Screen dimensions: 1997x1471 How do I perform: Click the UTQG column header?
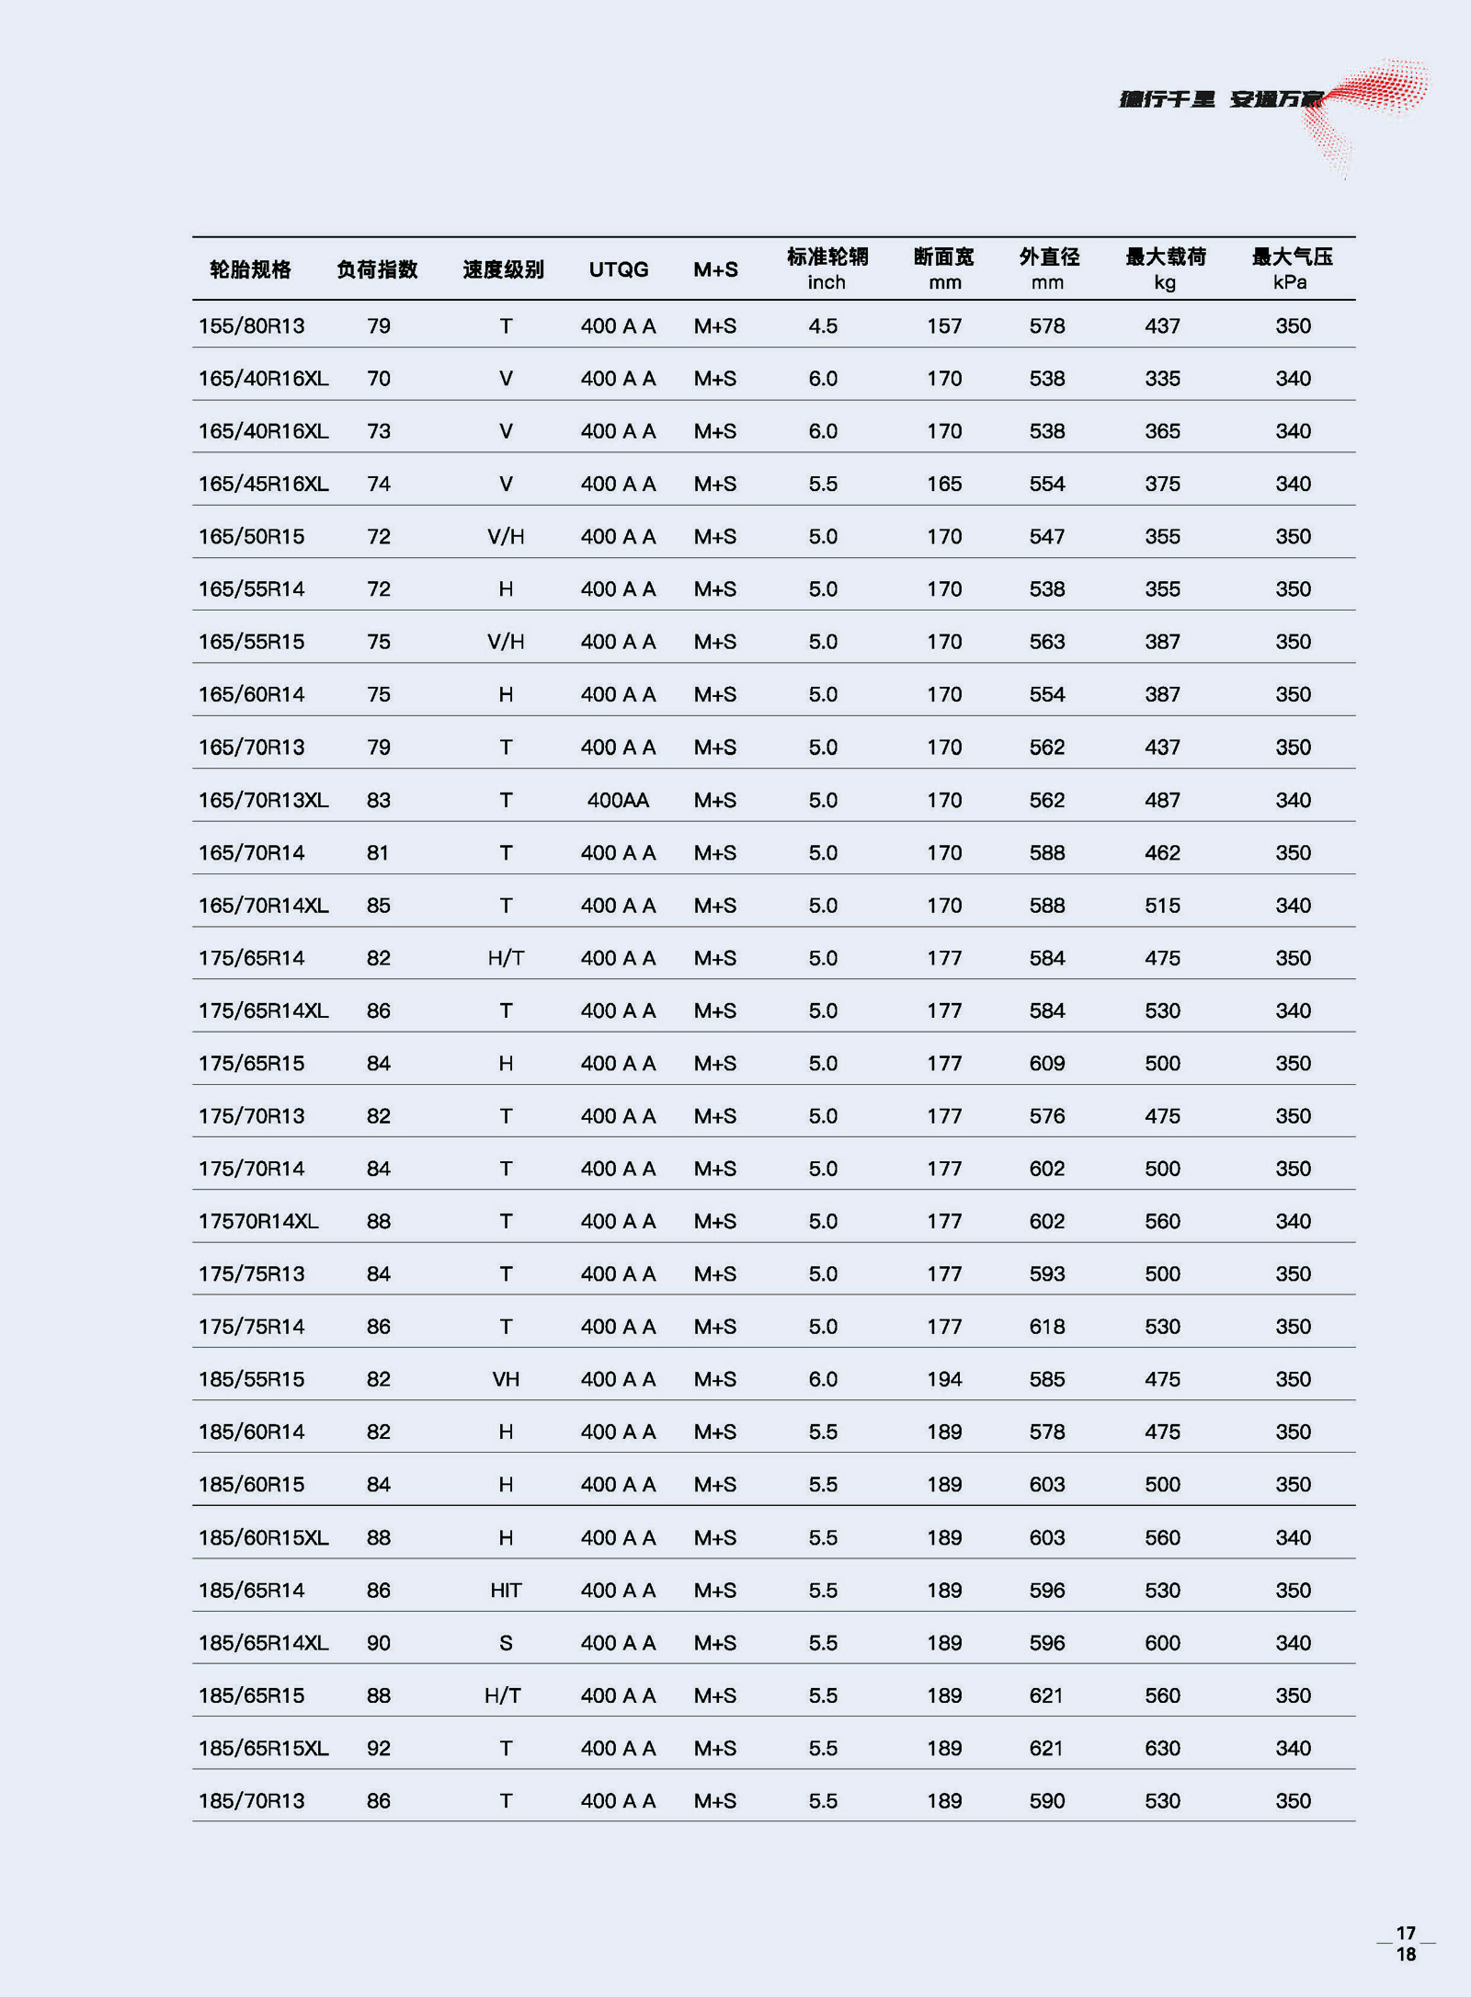click(619, 269)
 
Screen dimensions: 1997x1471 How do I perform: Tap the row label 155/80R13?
click(251, 326)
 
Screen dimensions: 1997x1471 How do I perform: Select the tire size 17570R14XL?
click(258, 1221)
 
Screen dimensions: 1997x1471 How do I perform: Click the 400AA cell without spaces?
click(618, 800)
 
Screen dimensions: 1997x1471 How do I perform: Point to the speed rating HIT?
click(506, 1590)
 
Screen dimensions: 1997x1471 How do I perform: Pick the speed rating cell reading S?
click(506, 1643)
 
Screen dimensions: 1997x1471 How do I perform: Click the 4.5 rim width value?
click(823, 326)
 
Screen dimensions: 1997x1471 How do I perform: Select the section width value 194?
click(944, 1379)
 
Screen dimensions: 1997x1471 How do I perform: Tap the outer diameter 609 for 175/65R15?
click(1047, 1064)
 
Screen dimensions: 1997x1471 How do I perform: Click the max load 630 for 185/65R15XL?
click(1162, 1748)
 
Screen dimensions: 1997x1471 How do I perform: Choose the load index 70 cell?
click(379, 379)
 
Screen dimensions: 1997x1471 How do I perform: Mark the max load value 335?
click(1162, 379)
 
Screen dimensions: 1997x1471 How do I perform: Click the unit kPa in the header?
click(1290, 282)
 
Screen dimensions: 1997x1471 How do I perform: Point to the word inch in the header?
click(827, 282)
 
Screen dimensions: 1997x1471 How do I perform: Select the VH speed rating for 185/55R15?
click(506, 1379)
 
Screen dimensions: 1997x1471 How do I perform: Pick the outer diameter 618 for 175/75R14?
click(1047, 1327)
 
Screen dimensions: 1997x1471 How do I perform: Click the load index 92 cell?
click(379, 1748)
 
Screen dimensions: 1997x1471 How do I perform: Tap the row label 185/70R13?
click(251, 1801)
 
